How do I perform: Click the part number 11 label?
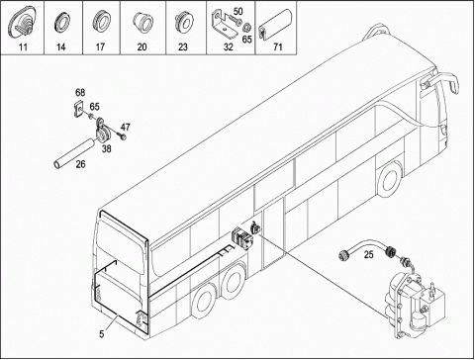tap(23, 46)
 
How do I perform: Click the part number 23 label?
tap(183, 46)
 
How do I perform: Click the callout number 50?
tap(237, 11)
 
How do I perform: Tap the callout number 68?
tap(80, 92)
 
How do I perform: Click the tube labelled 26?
tap(74, 154)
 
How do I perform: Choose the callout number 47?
tap(125, 127)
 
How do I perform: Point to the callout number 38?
tap(106, 148)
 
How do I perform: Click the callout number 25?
tap(369, 254)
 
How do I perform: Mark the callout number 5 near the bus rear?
tap(102, 334)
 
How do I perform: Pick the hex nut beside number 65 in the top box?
tap(246, 26)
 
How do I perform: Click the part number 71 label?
tap(278, 46)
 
